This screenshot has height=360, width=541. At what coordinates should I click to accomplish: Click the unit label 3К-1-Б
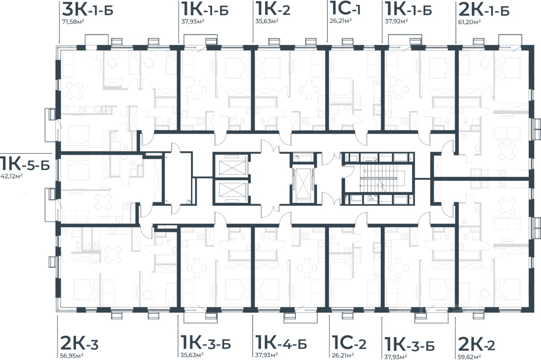coord(87,10)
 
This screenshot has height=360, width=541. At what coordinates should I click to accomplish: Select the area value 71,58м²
coord(73,22)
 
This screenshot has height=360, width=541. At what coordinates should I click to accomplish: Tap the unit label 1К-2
coord(273,9)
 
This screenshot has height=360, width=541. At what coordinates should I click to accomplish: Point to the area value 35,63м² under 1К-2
coord(267,21)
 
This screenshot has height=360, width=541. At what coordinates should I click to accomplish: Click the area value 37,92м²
coord(396,21)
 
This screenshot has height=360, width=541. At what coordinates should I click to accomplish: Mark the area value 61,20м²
coord(469,22)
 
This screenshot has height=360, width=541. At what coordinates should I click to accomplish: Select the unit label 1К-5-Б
coord(25,164)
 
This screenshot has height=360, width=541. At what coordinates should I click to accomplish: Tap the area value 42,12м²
coord(11,176)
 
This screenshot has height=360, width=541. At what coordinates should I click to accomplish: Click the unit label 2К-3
coord(79,344)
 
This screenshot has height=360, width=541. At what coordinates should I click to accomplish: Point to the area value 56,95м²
coord(72,356)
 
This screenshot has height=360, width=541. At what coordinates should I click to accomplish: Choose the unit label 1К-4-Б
coord(281,343)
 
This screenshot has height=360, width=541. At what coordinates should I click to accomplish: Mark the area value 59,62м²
coord(469,357)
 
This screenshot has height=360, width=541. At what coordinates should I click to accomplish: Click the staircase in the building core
coord(378,179)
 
